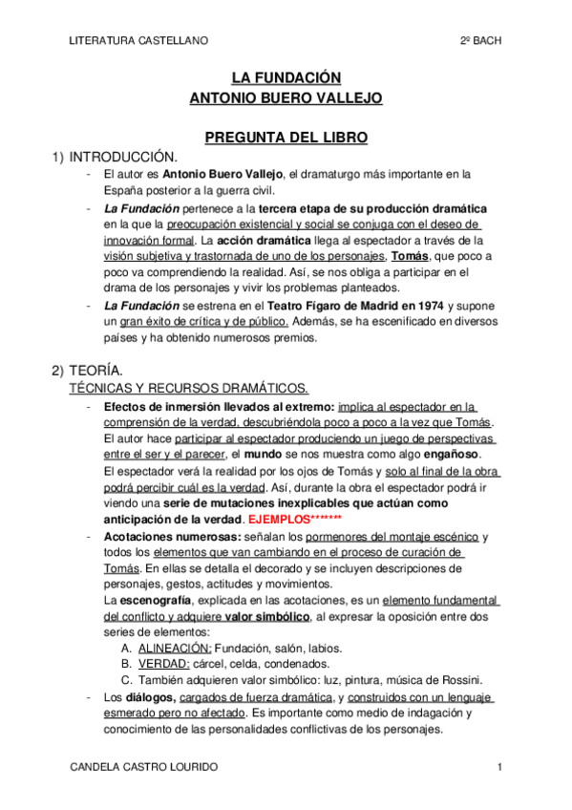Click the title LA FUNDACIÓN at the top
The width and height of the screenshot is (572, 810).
286,77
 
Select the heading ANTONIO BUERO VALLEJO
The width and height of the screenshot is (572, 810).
286,97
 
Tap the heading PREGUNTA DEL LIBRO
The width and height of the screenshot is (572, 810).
286,138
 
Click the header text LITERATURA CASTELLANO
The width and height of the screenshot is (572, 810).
139,40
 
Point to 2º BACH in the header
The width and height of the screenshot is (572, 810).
480,40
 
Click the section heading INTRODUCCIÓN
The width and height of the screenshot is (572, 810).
124,156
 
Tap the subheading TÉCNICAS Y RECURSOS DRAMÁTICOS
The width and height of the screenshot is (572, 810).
189,388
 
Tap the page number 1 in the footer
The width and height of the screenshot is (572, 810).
499,767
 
